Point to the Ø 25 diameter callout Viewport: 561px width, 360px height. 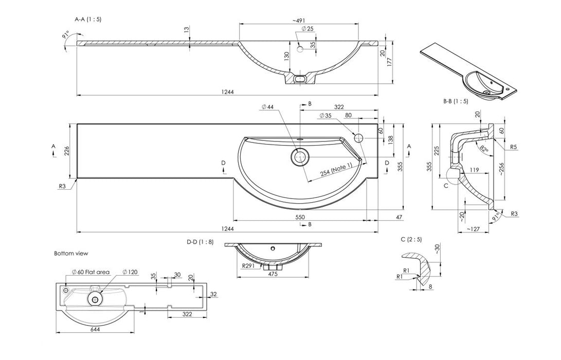click(x=307, y=28)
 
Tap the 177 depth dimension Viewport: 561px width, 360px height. click(x=390, y=62)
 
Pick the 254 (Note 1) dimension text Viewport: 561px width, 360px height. click(x=336, y=170)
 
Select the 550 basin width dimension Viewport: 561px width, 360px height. click(x=300, y=218)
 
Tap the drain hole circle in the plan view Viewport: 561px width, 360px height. click(x=299, y=157)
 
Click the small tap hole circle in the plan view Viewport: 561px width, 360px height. click(x=358, y=137)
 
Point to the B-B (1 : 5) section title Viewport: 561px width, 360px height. click(x=456, y=101)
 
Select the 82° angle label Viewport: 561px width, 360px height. click(x=484, y=149)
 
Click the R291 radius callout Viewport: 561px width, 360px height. click(x=249, y=266)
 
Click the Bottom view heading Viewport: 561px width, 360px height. click(x=71, y=253)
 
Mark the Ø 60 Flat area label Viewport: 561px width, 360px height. click(x=91, y=272)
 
